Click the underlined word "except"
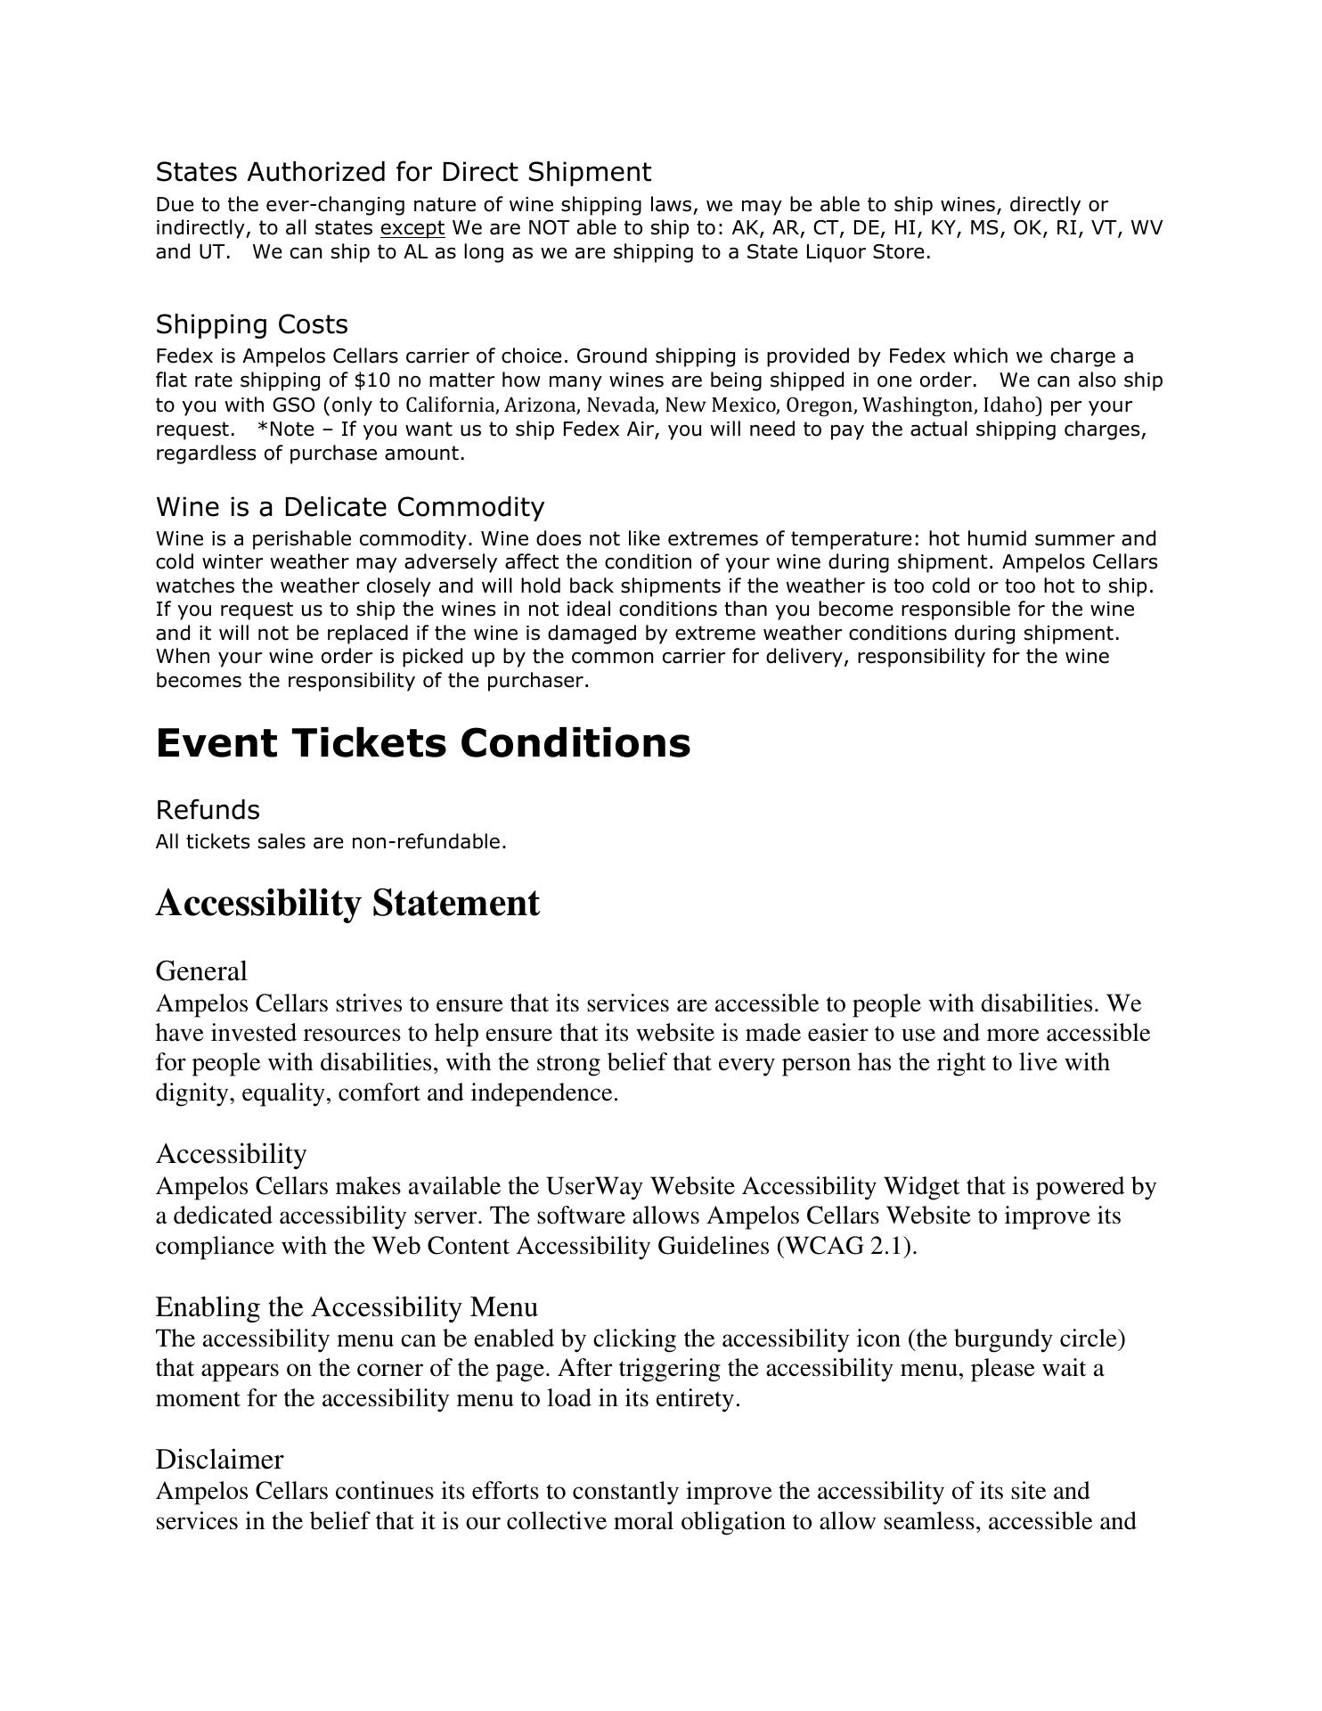click(x=412, y=228)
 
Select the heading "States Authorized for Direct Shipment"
click(x=403, y=172)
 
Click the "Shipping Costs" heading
click(x=251, y=324)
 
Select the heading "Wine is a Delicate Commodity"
click(x=349, y=507)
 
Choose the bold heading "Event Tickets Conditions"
click(x=422, y=743)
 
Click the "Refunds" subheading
click(x=208, y=810)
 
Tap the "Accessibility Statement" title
click(x=347, y=903)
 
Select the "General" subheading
click(x=201, y=971)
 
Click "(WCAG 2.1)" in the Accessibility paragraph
click(x=846, y=1246)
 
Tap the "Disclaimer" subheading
click(x=219, y=1460)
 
